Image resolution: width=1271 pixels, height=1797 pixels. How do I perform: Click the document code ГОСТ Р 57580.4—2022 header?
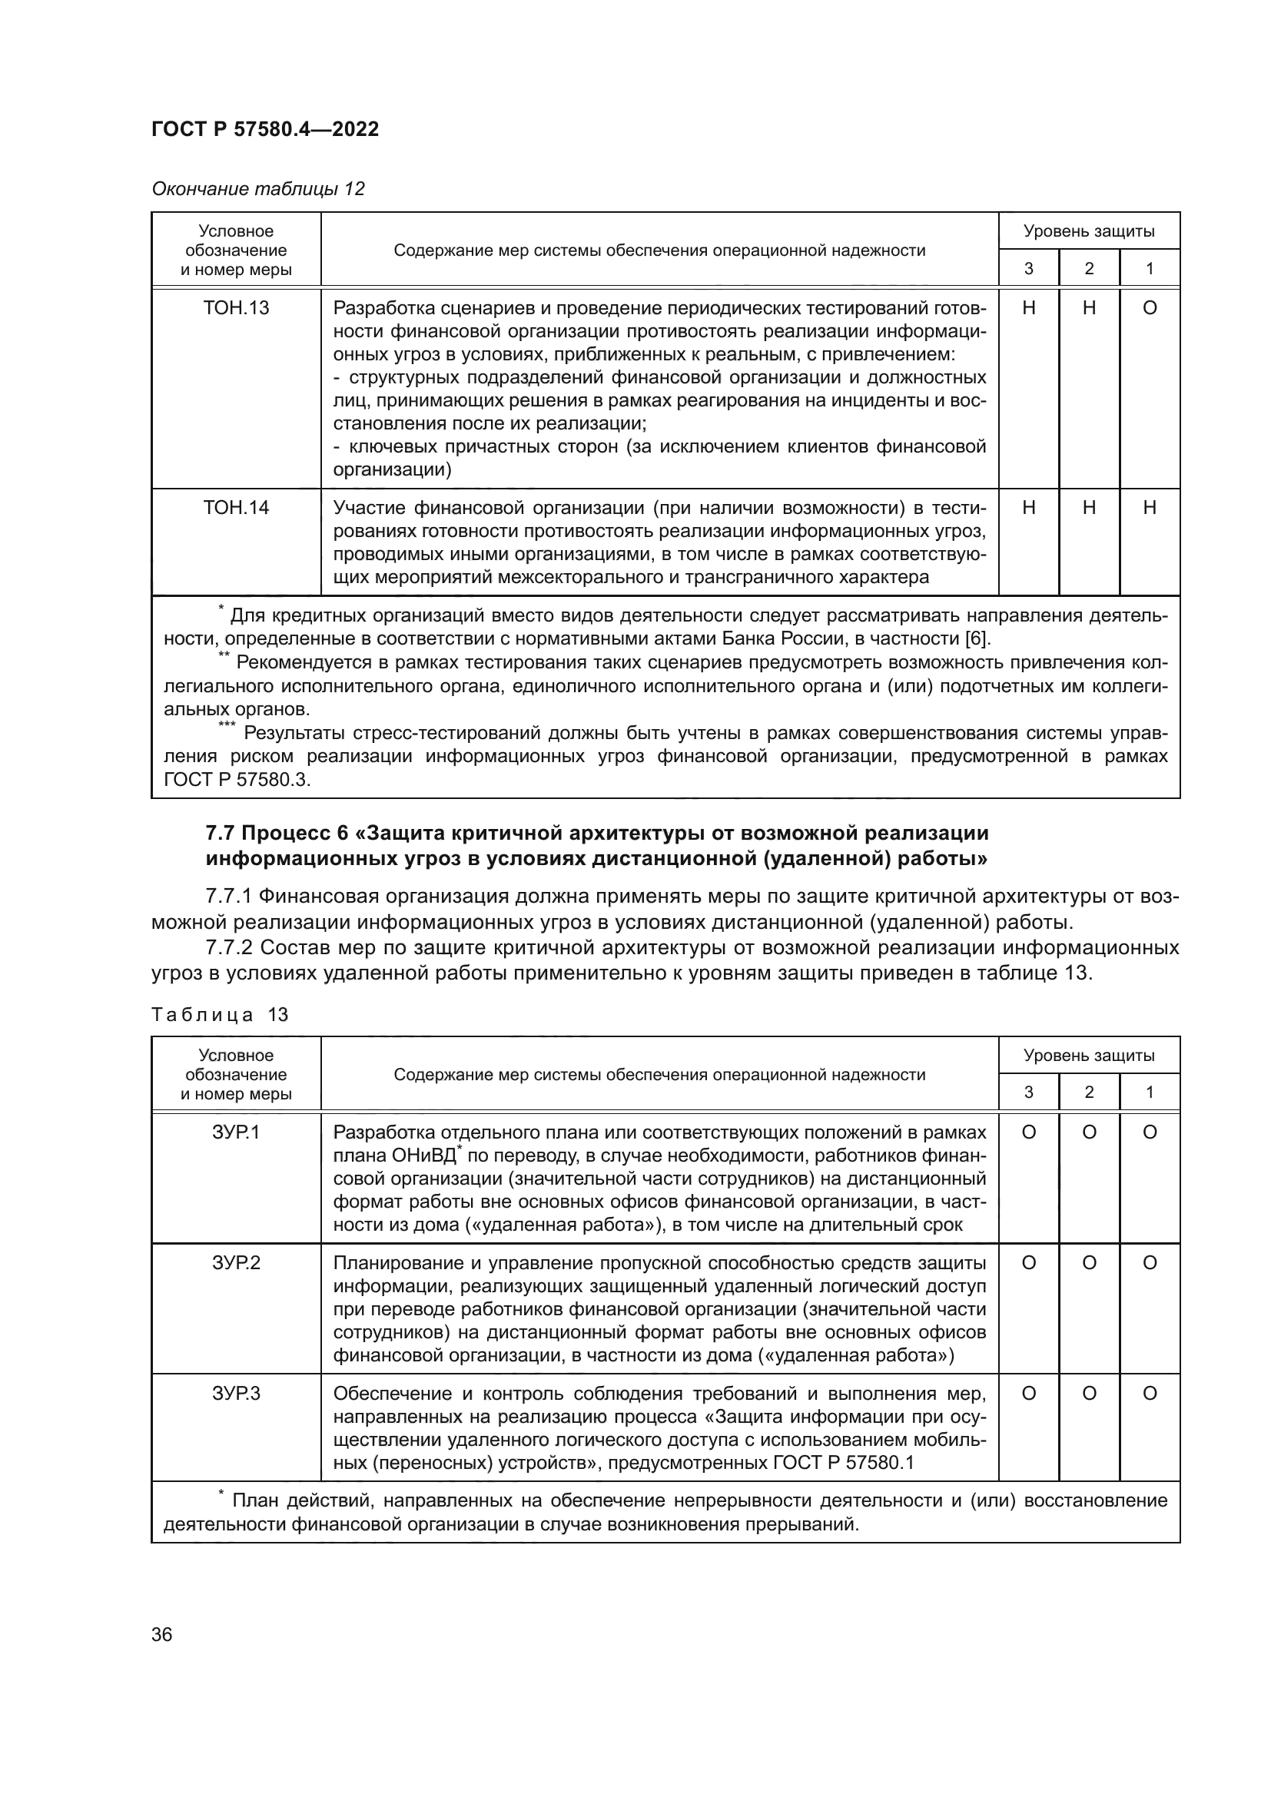click(x=264, y=129)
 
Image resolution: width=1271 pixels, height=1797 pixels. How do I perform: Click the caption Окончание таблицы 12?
click(x=257, y=189)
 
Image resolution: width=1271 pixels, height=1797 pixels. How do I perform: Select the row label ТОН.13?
click(x=236, y=308)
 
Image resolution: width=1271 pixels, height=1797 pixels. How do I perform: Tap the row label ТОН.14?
click(x=236, y=508)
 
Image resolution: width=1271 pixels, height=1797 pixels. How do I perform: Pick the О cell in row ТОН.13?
click(x=1149, y=308)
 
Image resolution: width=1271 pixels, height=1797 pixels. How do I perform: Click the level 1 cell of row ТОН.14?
click(x=1149, y=508)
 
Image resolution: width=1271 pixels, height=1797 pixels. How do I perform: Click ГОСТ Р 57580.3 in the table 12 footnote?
click(x=237, y=781)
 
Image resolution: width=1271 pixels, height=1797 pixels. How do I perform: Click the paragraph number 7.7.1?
click(x=228, y=895)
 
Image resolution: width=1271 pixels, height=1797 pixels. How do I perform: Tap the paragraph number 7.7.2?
click(x=228, y=948)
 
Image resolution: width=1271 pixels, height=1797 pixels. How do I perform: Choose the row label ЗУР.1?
click(x=236, y=1132)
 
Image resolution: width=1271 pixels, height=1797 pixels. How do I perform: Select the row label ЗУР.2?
click(x=236, y=1262)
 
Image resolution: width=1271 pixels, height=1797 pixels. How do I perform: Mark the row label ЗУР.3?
click(x=236, y=1393)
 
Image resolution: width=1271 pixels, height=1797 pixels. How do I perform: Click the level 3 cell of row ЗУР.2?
click(x=1028, y=1262)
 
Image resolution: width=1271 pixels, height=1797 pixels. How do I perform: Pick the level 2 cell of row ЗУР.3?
click(x=1089, y=1393)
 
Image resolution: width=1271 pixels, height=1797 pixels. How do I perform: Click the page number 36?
click(x=162, y=1633)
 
